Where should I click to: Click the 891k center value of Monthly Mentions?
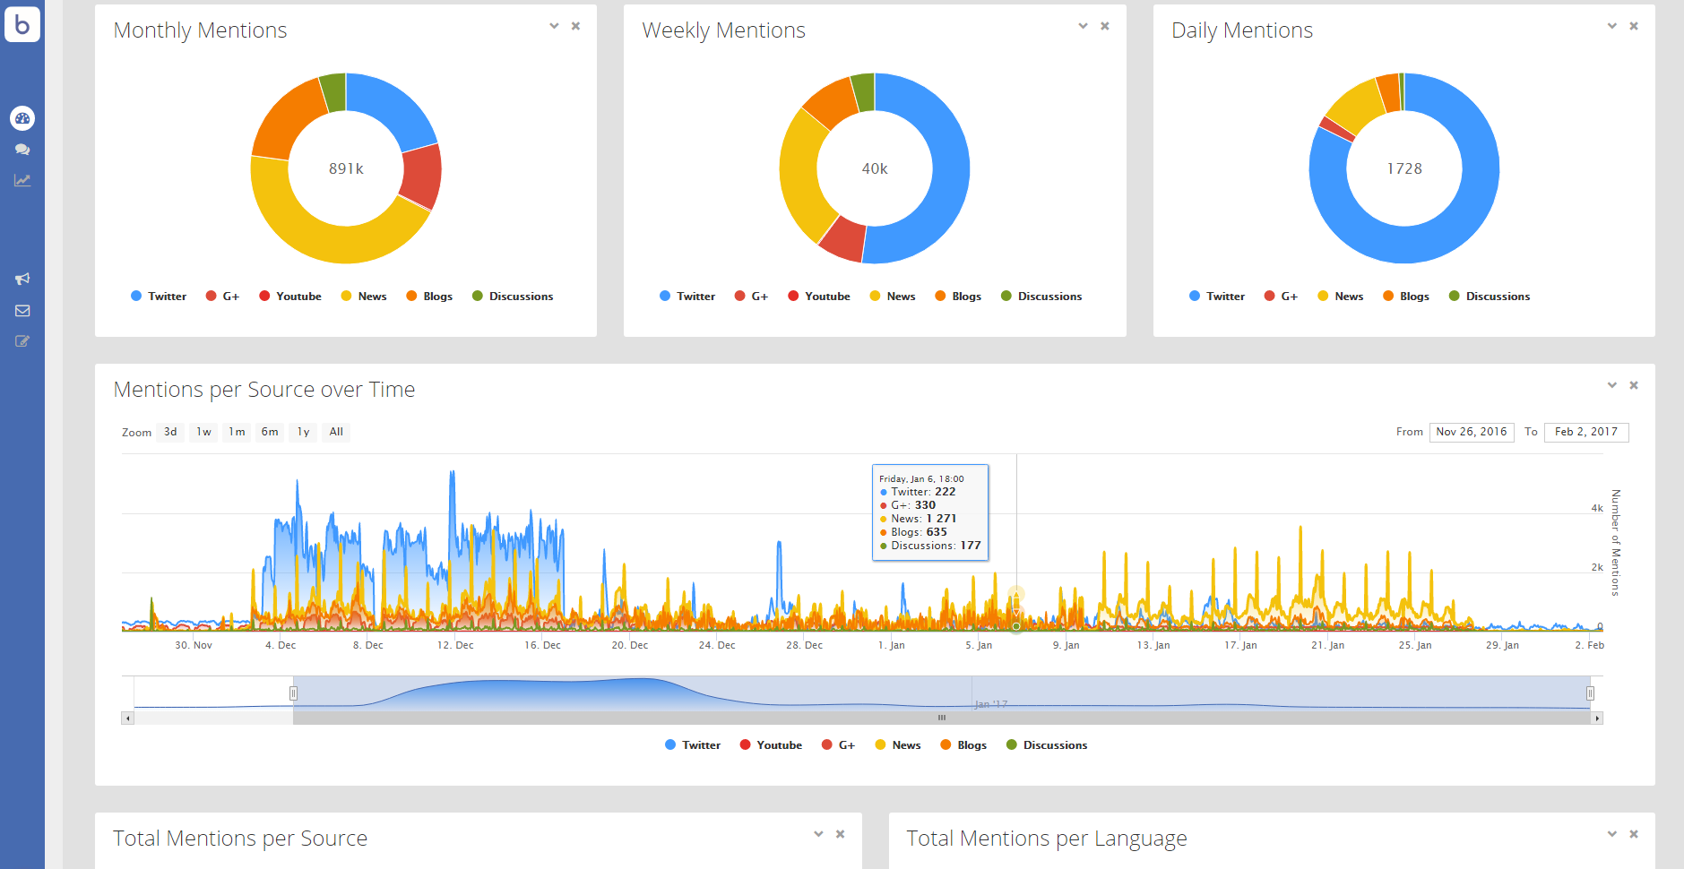coord(346,168)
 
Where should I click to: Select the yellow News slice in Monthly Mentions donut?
coord(323,237)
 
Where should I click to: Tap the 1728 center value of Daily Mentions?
coord(1403,168)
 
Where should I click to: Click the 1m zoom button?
coord(237,432)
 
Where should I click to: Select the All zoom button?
coord(336,432)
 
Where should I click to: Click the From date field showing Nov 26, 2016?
coord(1472,432)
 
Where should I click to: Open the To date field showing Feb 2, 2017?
coord(1585,432)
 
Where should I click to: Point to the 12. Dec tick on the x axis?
coord(455,645)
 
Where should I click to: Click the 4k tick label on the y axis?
coord(1596,508)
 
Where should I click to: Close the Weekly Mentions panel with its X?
coord(1105,26)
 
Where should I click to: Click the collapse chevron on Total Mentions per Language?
coord(1611,834)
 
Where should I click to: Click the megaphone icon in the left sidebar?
coord(22,279)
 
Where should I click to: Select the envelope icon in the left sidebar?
coord(22,311)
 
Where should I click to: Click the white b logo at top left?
coord(22,24)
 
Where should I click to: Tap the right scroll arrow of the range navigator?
coord(1597,718)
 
